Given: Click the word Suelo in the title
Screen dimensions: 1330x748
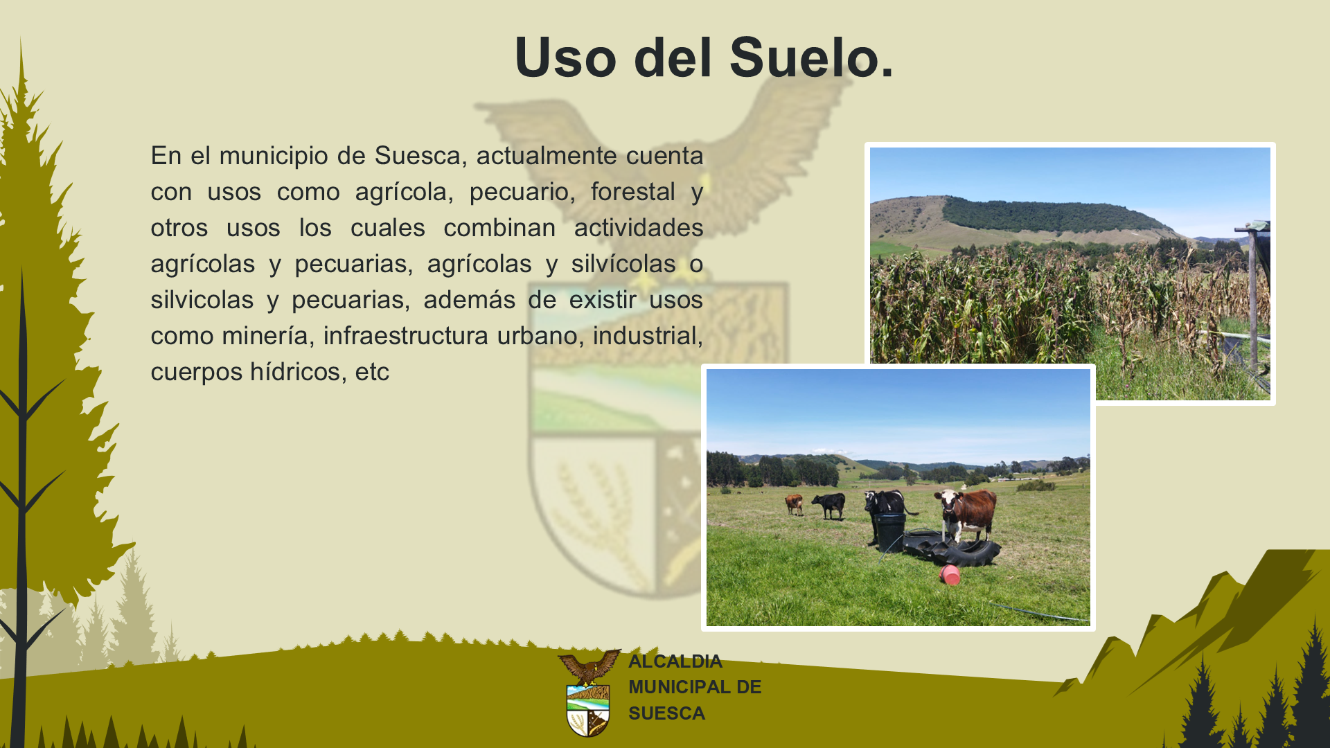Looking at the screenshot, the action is pos(811,57).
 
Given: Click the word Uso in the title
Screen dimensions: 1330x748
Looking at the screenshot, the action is pos(565,57).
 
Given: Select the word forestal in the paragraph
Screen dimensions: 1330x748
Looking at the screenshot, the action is pos(632,192).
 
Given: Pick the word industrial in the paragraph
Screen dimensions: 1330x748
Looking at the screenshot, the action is pos(648,336).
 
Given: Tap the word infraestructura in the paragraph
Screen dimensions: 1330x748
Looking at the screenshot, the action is pos(406,336).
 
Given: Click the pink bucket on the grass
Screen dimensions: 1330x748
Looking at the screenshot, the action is pos(950,575).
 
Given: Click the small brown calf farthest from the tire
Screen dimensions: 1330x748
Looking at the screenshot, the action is pos(794,504).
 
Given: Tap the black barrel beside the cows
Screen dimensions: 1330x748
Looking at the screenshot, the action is pos(889,532).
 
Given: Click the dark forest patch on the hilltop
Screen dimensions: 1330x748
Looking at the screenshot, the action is pos(1053,215).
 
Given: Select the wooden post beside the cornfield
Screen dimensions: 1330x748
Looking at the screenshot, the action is pos(1252,298).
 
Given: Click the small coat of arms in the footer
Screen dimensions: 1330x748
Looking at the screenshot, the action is pos(589,693).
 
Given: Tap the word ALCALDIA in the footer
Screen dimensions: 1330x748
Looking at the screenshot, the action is pos(675,661).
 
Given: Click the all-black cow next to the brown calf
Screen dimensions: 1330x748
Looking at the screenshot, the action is pos(829,505).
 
